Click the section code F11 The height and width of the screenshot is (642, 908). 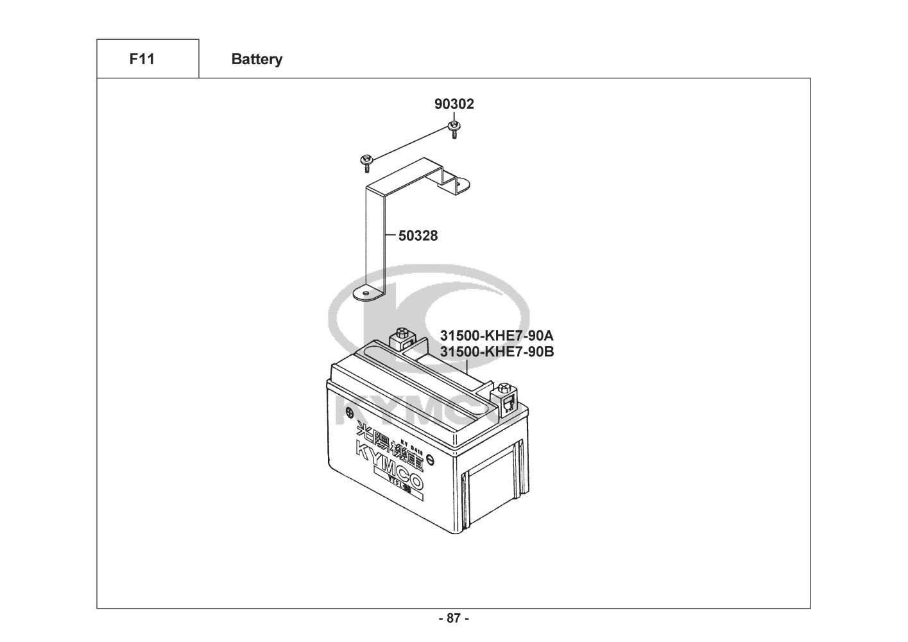click(142, 60)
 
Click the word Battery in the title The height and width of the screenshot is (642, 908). click(257, 60)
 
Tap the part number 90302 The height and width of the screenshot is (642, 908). click(454, 104)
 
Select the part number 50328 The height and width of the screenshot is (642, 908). click(418, 236)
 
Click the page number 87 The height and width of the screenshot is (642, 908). click(454, 619)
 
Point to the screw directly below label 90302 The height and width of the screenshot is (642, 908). click(454, 128)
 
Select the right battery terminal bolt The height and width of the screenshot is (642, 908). click(504, 389)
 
